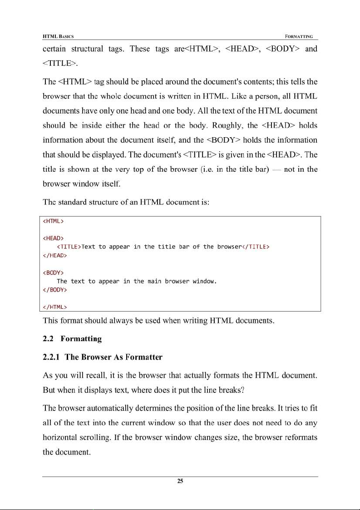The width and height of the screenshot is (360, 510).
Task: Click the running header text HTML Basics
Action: (x=59, y=36)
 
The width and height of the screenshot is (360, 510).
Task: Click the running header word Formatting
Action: (x=301, y=36)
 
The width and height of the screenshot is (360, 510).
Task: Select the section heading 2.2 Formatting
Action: (x=72, y=339)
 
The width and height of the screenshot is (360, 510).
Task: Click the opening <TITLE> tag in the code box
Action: (x=69, y=247)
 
